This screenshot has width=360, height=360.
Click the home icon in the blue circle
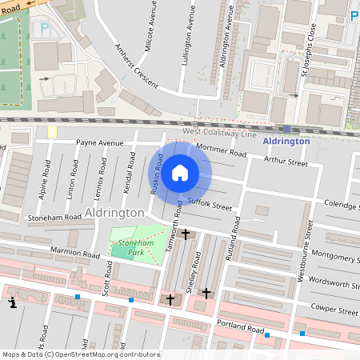tap(180, 172)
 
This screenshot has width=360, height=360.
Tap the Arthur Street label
tap(286, 162)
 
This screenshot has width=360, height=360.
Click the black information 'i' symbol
tap(12, 304)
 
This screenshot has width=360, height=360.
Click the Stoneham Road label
tap(55, 217)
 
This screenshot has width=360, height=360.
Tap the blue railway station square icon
tap(286, 128)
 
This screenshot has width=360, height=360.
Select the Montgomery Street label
tap(336, 257)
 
